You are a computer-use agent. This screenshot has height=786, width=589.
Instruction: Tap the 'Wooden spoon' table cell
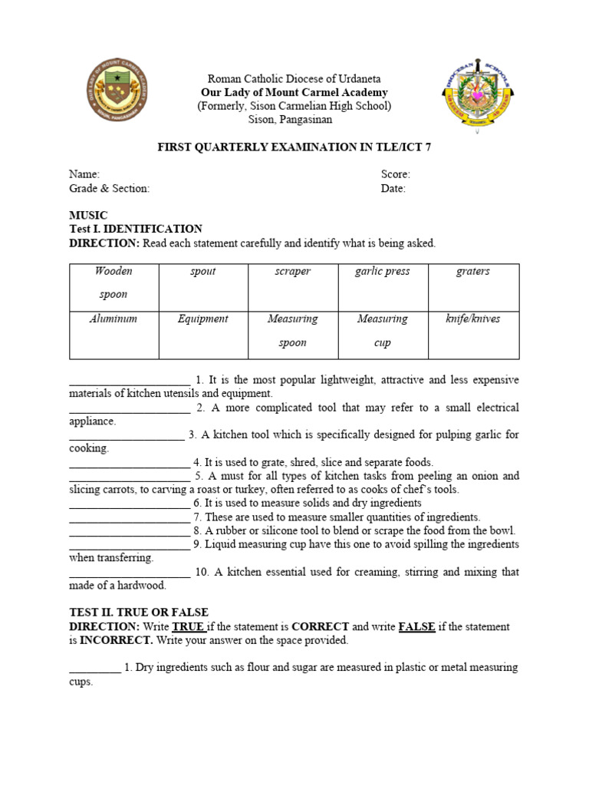(x=114, y=282)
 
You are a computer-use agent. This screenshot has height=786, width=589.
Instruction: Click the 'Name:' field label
(x=84, y=174)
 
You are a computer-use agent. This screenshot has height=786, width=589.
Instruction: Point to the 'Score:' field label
(x=396, y=174)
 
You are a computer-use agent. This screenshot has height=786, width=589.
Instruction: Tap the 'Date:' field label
(x=393, y=188)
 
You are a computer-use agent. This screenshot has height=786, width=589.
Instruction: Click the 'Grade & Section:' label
(x=110, y=188)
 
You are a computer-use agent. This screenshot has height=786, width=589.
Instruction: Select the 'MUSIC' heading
(x=89, y=216)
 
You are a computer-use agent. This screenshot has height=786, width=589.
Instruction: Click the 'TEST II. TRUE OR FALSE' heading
(x=139, y=613)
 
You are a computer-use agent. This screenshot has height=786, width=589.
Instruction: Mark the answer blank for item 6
(x=129, y=504)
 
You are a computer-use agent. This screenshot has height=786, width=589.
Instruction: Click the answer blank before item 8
(x=129, y=531)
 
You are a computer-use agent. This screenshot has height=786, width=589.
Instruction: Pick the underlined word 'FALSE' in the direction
(x=417, y=626)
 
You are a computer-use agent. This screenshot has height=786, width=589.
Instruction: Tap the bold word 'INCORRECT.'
(x=117, y=640)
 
